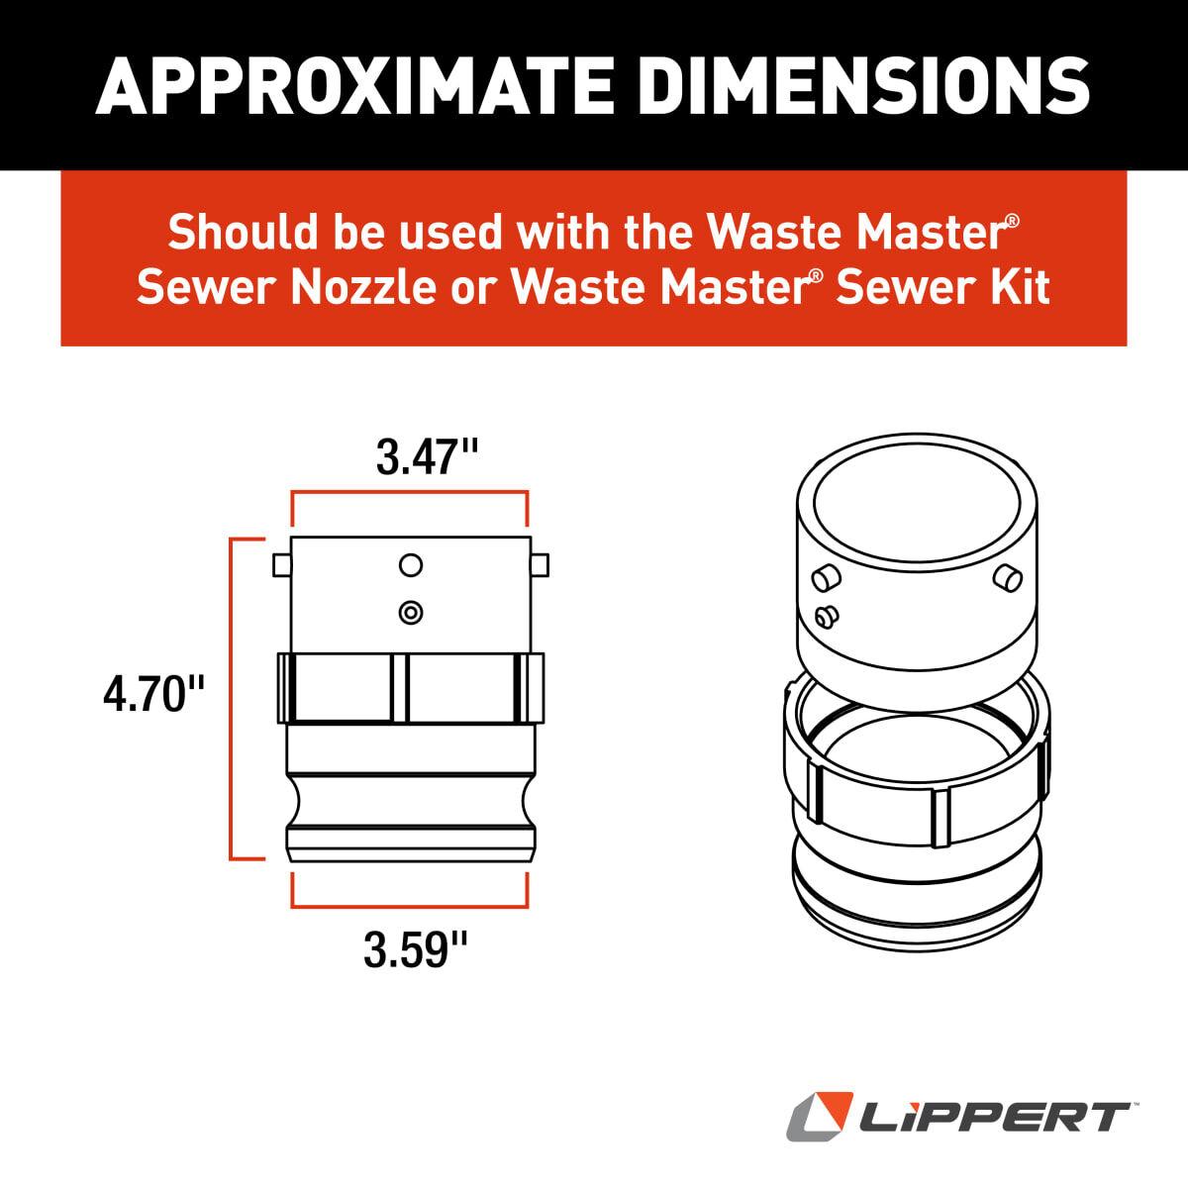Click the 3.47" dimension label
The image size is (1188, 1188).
(427, 457)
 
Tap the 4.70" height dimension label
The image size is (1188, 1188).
(153, 694)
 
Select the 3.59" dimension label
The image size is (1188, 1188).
(415, 949)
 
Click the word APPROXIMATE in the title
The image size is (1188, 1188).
(354, 85)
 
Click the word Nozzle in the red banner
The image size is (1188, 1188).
(363, 287)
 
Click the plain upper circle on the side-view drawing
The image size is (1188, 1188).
(411, 564)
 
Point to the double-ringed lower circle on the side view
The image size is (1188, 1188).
(411, 612)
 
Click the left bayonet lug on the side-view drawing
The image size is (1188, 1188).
(282, 565)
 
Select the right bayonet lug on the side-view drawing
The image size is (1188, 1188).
(540, 565)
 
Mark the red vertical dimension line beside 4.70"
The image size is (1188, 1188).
(231, 699)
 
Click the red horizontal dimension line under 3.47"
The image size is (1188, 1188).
(410, 491)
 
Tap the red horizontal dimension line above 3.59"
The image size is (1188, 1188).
(410, 906)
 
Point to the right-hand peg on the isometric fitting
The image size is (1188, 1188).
(1008, 577)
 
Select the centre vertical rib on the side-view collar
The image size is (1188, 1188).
(400, 687)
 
